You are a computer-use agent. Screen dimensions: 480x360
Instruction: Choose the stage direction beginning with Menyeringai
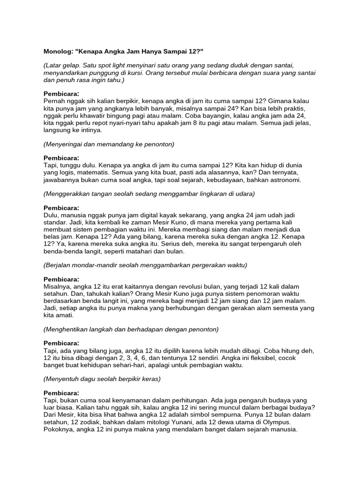point(109,144)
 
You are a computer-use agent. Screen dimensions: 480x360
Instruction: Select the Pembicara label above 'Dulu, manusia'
point(61,208)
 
